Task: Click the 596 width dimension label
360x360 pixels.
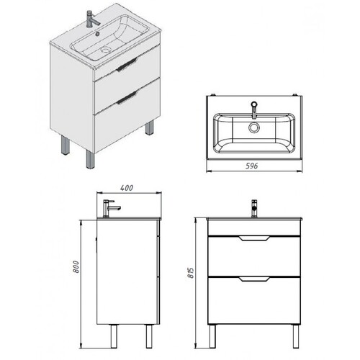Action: coord(252,166)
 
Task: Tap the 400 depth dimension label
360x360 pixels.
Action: coord(127,188)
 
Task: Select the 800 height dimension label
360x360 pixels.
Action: coord(76,266)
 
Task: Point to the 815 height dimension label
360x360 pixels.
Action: coord(191,272)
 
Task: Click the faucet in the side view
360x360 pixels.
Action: coord(111,208)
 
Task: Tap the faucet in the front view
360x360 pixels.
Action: coord(254,208)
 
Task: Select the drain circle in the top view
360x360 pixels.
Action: coord(253,127)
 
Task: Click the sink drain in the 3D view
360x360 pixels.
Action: coord(105,50)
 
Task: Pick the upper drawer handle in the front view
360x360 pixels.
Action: coord(254,238)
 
